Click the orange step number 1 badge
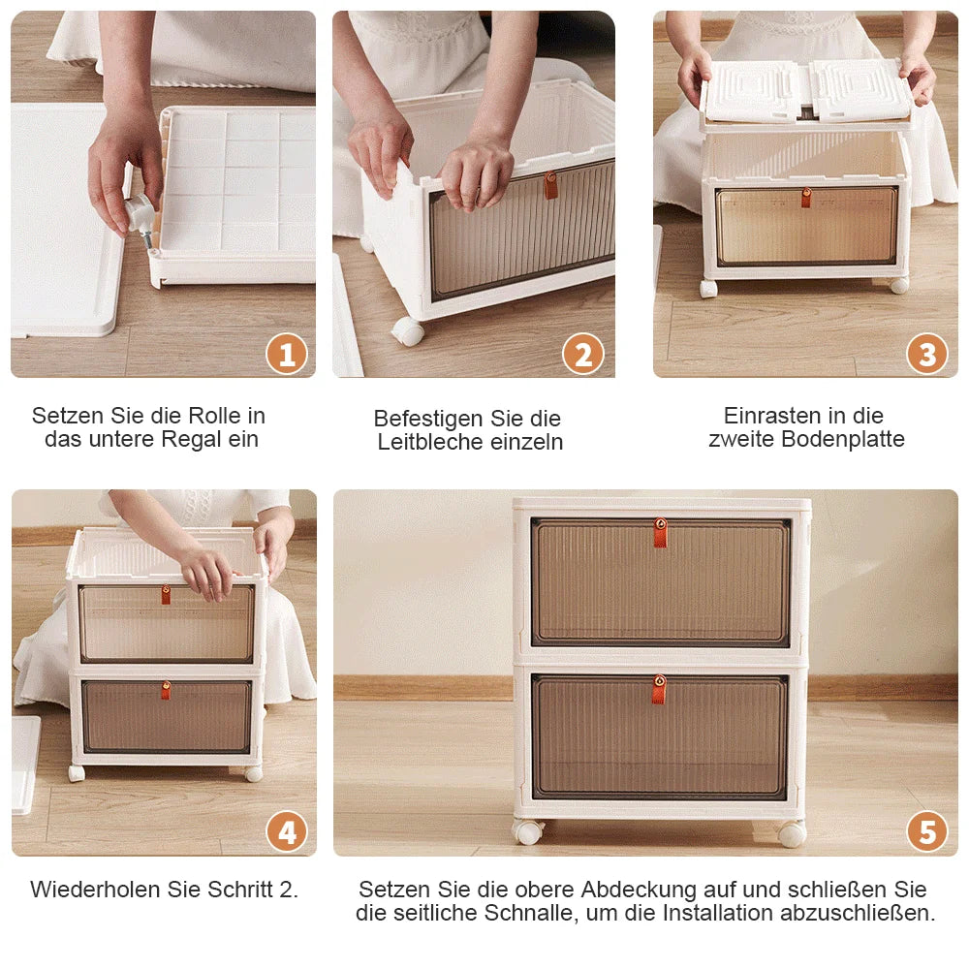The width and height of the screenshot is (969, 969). click(287, 355)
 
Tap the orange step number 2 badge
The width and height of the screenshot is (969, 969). click(583, 355)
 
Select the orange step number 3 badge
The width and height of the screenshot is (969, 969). click(927, 355)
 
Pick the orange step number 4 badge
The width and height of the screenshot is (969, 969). click(287, 832)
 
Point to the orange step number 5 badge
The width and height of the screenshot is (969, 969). click(927, 832)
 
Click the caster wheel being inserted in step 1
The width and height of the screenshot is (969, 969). click(141, 212)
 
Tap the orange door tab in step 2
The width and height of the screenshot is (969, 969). click(550, 184)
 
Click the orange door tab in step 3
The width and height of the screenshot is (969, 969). click(806, 198)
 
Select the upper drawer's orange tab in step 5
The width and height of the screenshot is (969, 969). click(660, 532)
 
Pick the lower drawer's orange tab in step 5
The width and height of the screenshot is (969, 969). click(659, 689)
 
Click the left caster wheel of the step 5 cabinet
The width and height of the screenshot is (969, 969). click(528, 831)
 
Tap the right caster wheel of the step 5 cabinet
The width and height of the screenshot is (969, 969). click(792, 833)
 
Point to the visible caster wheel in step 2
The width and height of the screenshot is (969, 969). click(408, 331)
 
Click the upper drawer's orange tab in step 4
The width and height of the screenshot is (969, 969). click(166, 594)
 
